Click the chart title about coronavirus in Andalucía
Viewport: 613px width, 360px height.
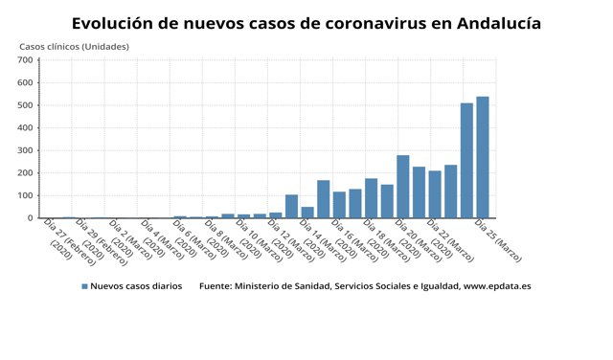pyautogui.click(x=306, y=22)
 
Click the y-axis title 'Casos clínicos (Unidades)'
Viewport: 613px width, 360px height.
pyautogui.click(x=74, y=46)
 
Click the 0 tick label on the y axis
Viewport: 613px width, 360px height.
pyautogui.click(x=31, y=218)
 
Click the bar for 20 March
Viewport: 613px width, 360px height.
pyautogui.click(x=403, y=187)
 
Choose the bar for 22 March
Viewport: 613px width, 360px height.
pyautogui.click(x=435, y=194)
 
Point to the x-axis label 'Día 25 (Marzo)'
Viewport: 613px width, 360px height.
pyautogui.click(x=496, y=236)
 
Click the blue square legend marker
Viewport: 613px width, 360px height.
pyautogui.click(x=84, y=286)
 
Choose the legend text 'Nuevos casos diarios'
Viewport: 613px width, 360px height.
pyautogui.click(x=139, y=286)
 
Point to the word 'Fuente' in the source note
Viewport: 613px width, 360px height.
pyautogui.click(x=216, y=286)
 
